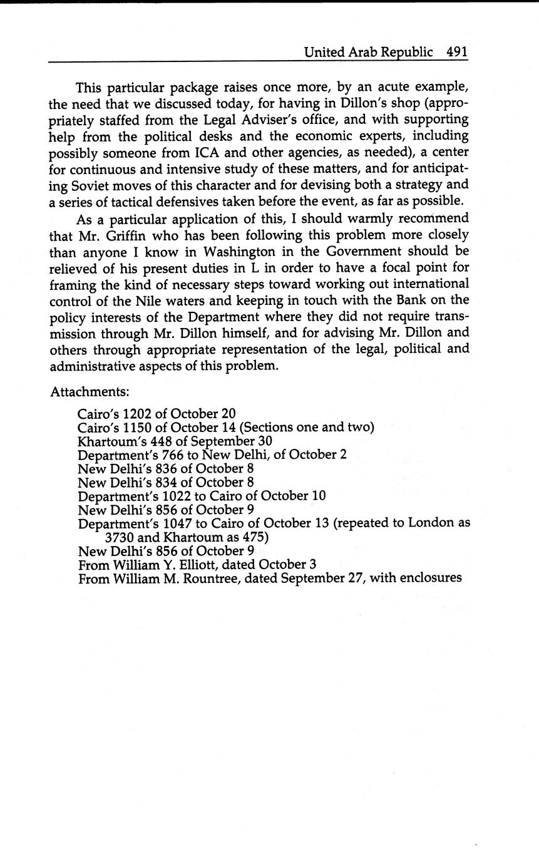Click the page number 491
457,52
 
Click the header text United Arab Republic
368,52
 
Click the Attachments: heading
90,392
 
